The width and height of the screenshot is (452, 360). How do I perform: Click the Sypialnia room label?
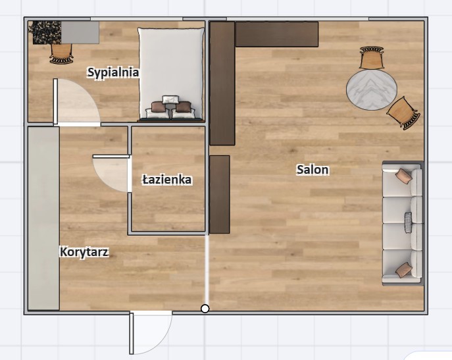click(113, 72)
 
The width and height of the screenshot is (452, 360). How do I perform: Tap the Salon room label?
click(313, 169)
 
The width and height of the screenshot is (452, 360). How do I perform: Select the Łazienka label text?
click(167, 180)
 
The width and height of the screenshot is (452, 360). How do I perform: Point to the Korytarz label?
click(84, 252)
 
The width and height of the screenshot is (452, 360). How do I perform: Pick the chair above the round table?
click(372, 57)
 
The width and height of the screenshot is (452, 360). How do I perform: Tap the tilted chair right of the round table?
click(403, 113)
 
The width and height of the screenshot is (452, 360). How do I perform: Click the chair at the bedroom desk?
click(61, 53)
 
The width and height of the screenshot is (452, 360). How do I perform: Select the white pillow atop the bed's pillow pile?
click(170, 99)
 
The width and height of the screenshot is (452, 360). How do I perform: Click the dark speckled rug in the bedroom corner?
click(45, 32)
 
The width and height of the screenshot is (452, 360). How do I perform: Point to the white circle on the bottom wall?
click(205, 309)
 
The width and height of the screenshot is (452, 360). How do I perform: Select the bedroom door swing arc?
click(77, 102)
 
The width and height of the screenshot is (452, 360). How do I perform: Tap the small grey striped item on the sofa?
click(408, 222)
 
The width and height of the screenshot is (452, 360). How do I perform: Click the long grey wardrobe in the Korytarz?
click(44, 219)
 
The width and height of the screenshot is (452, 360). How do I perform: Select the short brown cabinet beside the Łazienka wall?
click(219, 194)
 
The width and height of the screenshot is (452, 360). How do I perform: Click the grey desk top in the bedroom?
click(80, 32)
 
